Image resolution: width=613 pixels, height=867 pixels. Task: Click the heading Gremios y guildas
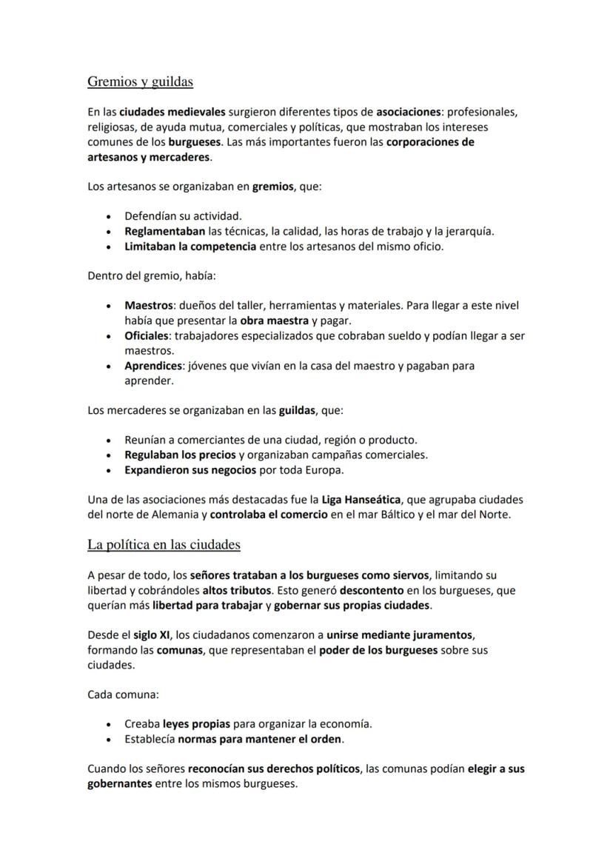coord(140,81)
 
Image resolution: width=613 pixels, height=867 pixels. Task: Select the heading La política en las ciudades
coord(164,545)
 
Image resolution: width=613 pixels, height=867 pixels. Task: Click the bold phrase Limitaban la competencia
coord(189,247)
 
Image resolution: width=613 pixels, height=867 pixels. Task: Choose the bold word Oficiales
coord(146,335)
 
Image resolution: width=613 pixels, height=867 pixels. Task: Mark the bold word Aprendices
coord(153,366)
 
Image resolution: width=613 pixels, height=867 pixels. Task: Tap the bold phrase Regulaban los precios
coord(180,455)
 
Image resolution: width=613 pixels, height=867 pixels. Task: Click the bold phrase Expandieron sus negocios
coord(190,470)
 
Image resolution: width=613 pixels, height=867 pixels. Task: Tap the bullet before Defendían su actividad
coord(110,217)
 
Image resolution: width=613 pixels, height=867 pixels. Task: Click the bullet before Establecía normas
coord(110,740)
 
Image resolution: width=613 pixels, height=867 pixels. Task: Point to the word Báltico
coord(415,515)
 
